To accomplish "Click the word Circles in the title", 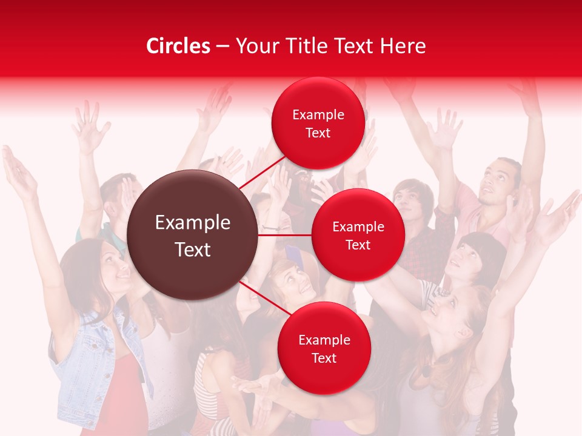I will (x=178, y=46).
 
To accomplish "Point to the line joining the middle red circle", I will (x=285, y=235).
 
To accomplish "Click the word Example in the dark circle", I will (x=193, y=223).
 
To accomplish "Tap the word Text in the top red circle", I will (x=318, y=133).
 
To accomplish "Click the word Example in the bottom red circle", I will (x=324, y=340).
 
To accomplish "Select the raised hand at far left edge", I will (x=18, y=173).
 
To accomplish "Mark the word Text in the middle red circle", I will (x=358, y=245).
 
